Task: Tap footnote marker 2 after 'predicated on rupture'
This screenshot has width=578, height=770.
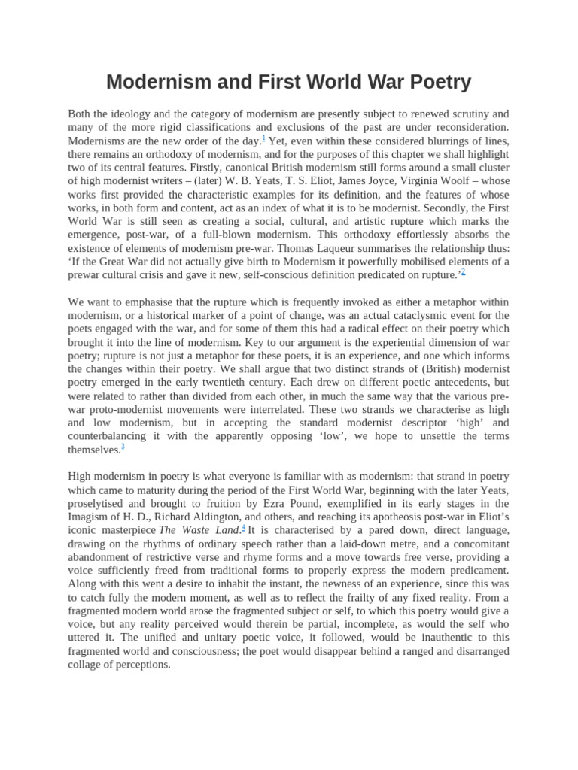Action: click(463, 272)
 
